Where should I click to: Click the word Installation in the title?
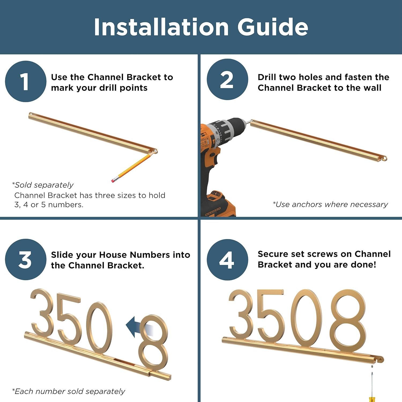click(161, 27)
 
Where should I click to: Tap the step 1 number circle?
click(25, 81)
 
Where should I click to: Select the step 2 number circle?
click(227, 80)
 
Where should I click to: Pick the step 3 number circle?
click(25, 259)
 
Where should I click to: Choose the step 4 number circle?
click(227, 260)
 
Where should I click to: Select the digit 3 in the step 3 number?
click(43, 312)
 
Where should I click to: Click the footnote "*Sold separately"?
click(43, 185)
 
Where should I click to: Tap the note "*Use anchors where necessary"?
click(330, 204)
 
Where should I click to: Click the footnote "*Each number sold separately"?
click(69, 391)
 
